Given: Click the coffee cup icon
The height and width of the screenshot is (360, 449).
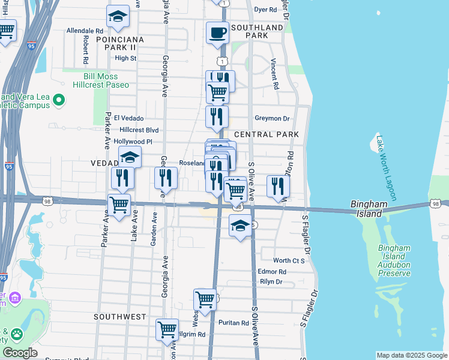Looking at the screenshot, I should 217,32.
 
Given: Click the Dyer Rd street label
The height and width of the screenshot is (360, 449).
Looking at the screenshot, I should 265,10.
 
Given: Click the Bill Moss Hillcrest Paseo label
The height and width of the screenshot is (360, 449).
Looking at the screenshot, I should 100,81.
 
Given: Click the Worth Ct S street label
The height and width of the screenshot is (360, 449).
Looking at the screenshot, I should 289,260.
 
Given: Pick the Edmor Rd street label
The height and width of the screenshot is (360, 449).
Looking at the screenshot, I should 272,272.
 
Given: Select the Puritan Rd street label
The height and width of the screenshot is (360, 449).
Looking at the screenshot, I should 234,323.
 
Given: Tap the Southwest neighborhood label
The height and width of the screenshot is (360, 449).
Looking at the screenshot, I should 120,316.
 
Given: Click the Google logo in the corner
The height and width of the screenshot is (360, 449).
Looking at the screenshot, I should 20,352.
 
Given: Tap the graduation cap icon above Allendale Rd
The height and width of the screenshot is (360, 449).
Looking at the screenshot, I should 118,17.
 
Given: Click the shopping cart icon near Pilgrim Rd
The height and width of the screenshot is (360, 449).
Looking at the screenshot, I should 167,329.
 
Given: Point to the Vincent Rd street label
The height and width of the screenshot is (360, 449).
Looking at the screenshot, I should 275,74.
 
